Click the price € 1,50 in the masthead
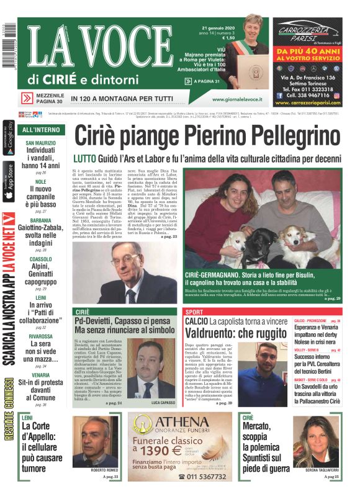[x=228, y=38]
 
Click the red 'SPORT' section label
[x=194, y=312]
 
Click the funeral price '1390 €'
[x=162, y=450]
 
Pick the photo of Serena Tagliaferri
[x=317, y=441]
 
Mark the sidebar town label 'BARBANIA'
[x=40, y=220]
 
